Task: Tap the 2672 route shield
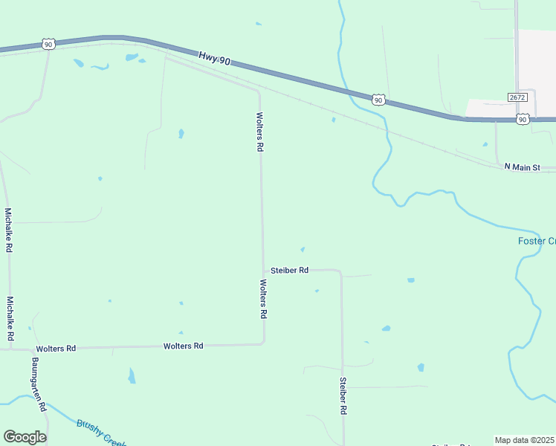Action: tap(518, 97)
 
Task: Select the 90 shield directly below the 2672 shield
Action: tap(523, 119)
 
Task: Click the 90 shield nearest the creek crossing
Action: tap(378, 99)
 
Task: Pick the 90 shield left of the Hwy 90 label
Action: tap(48, 45)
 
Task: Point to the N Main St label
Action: tap(527, 167)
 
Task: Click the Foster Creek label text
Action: tap(536, 241)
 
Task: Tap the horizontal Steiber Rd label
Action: tap(289, 271)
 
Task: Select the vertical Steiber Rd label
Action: tap(343, 395)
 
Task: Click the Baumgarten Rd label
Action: tap(39, 385)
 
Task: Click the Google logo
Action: tap(25, 437)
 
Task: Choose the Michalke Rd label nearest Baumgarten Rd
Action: tap(10, 319)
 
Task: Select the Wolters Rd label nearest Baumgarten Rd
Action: tap(56, 349)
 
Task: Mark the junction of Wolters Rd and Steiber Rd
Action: tap(263, 271)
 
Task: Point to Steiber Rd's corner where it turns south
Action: tap(340, 272)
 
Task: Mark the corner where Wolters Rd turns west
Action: tap(263, 343)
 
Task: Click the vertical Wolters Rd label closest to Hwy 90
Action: tap(259, 132)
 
